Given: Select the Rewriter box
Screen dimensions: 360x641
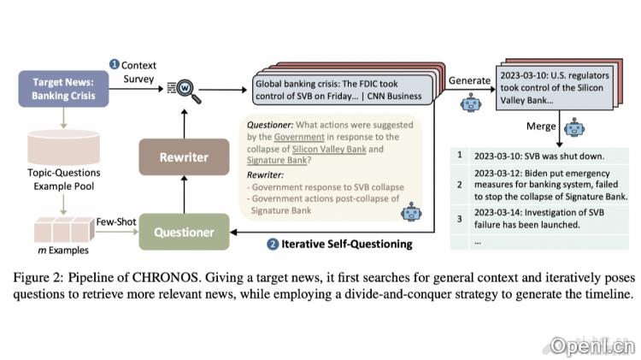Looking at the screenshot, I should [x=184, y=157].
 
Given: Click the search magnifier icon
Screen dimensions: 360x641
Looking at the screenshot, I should [x=184, y=89].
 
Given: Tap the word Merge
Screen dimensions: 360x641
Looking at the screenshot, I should [x=543, y=127].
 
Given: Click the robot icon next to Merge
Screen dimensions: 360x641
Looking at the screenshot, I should [x=573, y=128].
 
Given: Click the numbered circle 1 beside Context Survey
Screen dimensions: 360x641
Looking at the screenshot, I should [x=114, y=64].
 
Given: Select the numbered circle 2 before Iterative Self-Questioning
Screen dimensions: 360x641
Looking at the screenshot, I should [x=273, y=244].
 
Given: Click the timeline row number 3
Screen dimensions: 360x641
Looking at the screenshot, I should [x=460, y=219].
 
